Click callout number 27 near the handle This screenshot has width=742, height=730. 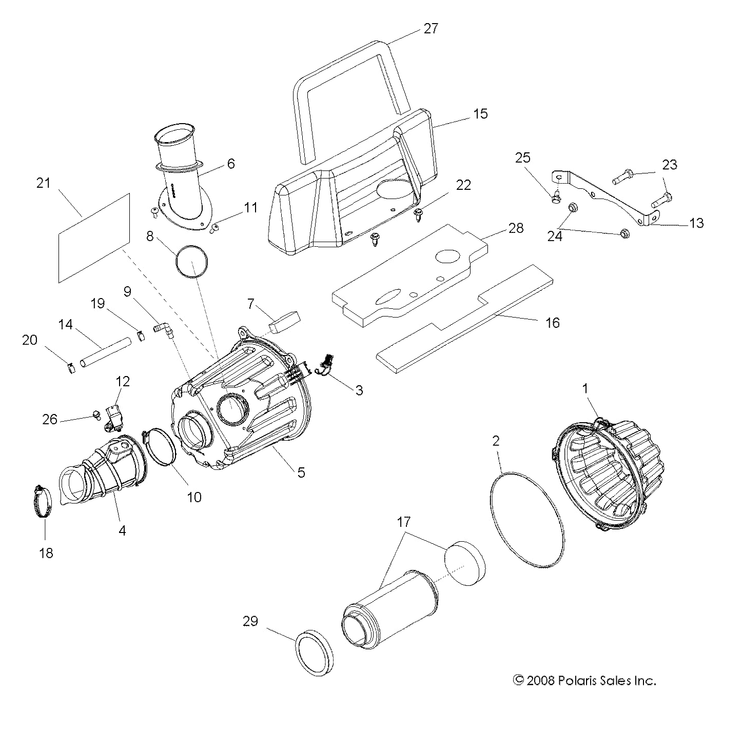coord(431,28)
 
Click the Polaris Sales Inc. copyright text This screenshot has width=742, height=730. coord(584,681)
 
